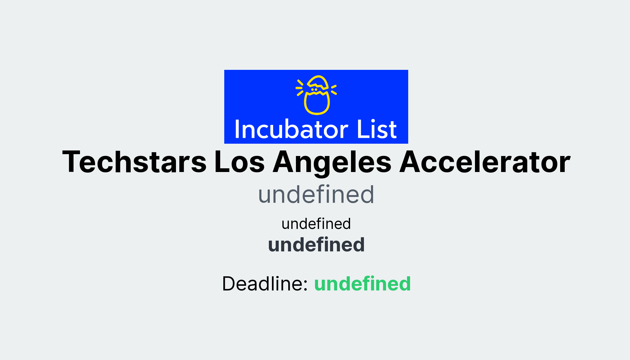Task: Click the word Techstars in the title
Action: click(x=134, y=162)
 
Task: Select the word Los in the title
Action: click(x=239, y=162)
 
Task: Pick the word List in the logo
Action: click(x=377, y=130)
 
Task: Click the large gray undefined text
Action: click(x=316, y=194)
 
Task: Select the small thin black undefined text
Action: click(x=316, y=224)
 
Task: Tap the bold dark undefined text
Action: click(x=316, y=245)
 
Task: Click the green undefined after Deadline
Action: click(x=362, y=283)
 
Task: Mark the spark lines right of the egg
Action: click(x=333, y=90)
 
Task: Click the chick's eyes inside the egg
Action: click(x=314, y=90)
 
